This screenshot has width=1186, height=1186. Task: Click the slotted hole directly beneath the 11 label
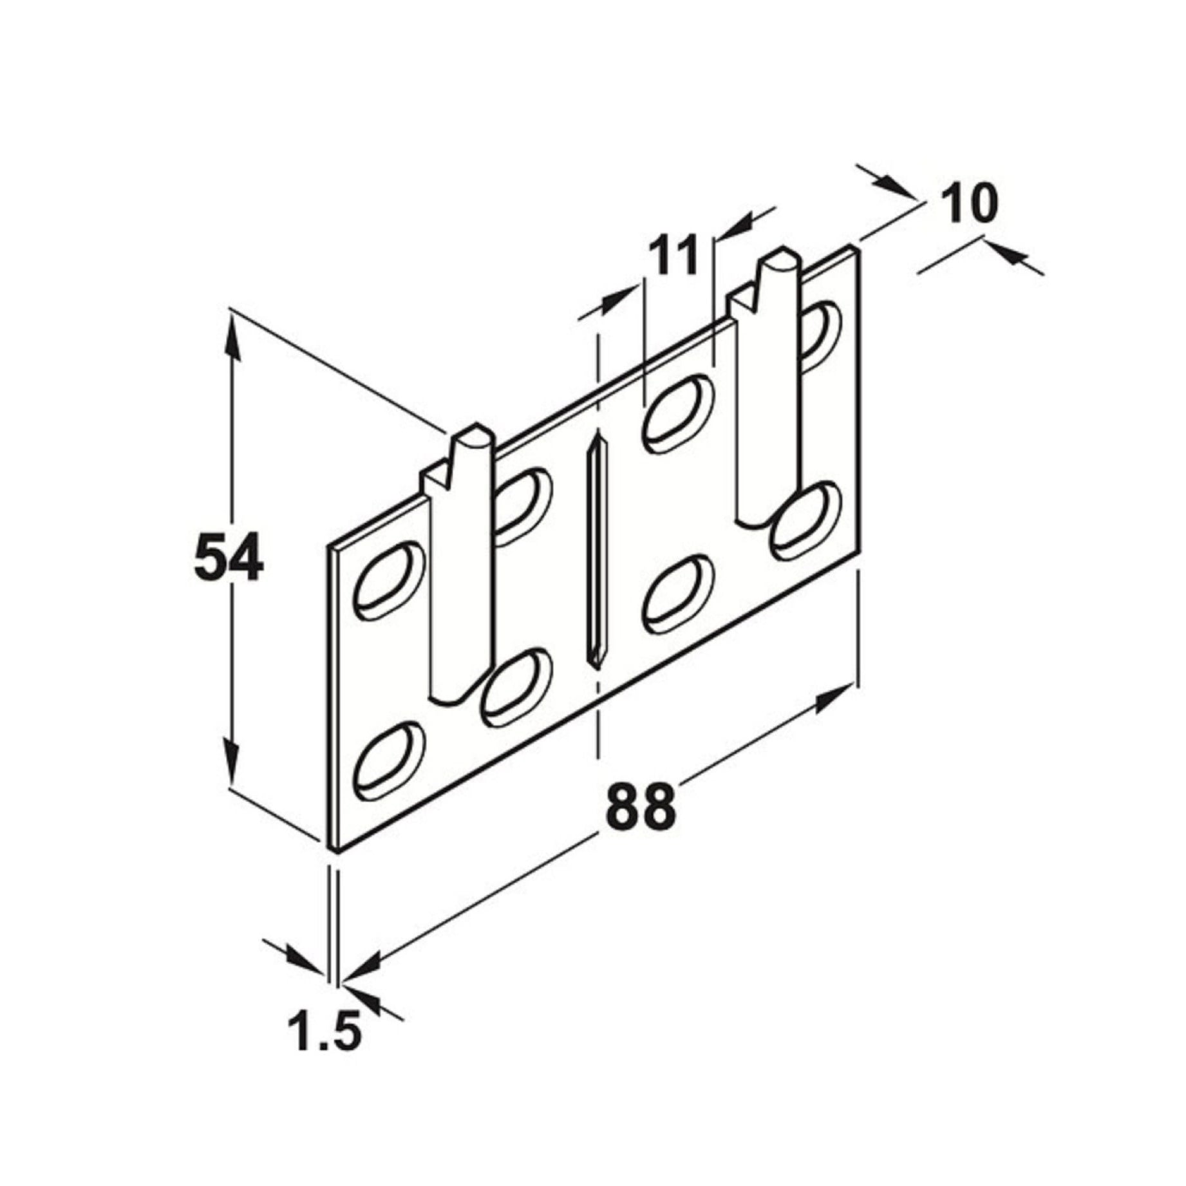click(x=679, y=415)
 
